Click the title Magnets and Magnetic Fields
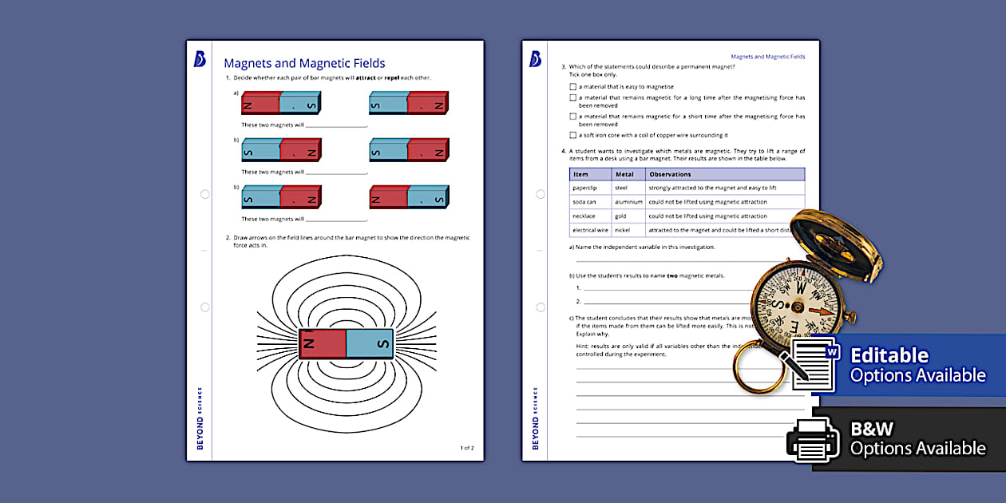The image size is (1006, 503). point(304,63)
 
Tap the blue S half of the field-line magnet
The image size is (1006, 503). point(370,343)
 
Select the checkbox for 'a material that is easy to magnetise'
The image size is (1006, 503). point(572,87)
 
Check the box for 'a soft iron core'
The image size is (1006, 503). point(572,136)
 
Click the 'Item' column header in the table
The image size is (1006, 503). point(580,174)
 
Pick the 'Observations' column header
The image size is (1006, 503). point(670,174)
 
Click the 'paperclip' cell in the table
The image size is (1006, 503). point(584,188)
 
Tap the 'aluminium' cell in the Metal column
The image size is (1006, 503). point(628,202)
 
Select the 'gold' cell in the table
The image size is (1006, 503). point(621,216)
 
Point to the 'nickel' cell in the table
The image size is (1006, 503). point(623,231)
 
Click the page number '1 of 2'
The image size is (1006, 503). point(467,448)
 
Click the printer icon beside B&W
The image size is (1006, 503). point(813,438)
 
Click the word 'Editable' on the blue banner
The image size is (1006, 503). point(889,355)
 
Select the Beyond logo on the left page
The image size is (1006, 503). point(200,59)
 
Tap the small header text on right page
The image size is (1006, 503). point(767,57)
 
